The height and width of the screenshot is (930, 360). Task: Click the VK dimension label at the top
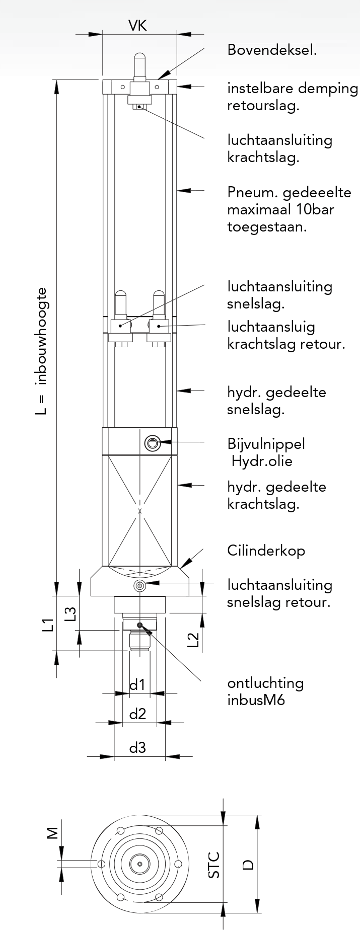coord(137,26)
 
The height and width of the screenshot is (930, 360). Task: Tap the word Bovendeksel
coord(272,50)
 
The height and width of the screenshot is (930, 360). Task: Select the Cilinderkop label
coord(266,551)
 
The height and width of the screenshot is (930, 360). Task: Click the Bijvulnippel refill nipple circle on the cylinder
coord(152,443)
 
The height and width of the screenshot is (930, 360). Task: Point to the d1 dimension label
coord(137,684)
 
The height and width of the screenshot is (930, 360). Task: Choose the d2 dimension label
coord(137,714)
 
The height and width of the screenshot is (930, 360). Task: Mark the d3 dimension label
coord(137,747)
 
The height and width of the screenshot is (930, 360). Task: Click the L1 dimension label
coord(48,625)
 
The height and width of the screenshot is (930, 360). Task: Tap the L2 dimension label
coord(193,640)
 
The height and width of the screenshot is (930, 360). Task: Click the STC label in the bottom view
coord(214,865)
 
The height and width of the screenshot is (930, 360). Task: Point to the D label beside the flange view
coord(248,865)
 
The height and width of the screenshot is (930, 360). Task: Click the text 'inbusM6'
coord(256,700)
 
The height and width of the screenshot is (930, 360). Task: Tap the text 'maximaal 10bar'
coord(280,209)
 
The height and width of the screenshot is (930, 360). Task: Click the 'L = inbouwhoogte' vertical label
coord(42,351)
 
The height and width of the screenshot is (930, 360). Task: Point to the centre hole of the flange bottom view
coord(139,864)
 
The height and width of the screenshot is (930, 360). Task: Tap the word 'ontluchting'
coord(265,683)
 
